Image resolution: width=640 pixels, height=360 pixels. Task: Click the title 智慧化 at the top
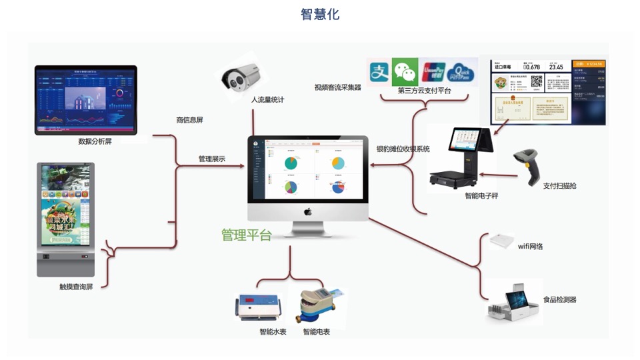320,14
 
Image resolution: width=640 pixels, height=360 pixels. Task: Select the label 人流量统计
267,100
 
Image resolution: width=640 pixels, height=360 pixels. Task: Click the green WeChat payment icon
404,71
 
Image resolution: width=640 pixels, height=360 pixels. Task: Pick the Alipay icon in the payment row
379,71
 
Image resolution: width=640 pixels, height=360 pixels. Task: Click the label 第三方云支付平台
424,91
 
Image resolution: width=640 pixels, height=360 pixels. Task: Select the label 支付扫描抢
559,186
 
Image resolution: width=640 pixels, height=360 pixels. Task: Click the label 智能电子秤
481,195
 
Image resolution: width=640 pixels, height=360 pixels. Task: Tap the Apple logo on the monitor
308,211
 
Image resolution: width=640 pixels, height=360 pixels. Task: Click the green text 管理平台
247,235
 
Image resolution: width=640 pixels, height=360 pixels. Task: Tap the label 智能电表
316,331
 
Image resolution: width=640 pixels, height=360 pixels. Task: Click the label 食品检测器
559,300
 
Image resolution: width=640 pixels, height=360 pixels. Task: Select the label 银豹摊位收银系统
403,149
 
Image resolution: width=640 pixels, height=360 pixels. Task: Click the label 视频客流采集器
337,87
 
